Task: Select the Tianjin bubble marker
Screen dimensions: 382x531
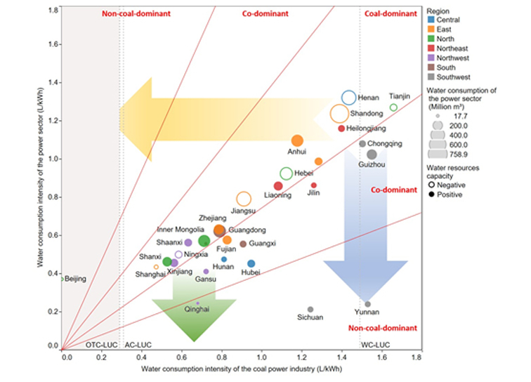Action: click(x=393, y=107)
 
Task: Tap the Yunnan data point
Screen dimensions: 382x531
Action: click(x=367, y=304)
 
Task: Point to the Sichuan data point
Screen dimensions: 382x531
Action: click(x=310, y=309)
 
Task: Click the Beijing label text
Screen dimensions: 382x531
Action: click(x=75, y=279)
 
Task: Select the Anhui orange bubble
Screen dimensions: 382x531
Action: click(x=297, y=141)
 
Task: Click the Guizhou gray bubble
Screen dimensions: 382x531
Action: click(x=372, y=154)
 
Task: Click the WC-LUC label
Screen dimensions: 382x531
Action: click(x=371, y=345)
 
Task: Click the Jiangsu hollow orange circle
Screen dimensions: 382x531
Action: click(x=244, y=199)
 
